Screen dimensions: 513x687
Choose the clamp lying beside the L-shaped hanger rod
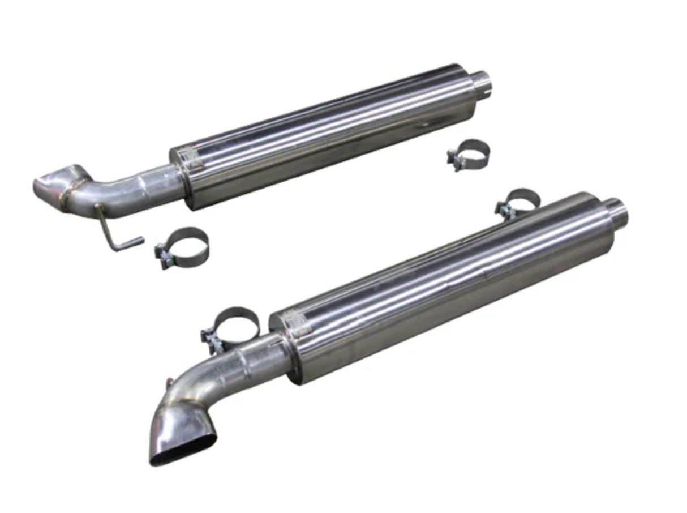[x=182, y=247]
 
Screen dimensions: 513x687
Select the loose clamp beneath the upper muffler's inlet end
[x=469, y=154]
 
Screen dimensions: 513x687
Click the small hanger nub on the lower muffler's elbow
[x=169, y=383]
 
